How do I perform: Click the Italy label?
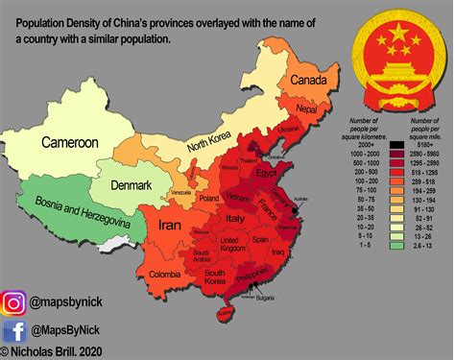click(x=234, y=220)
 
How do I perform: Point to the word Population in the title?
click(x=50, y=21)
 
